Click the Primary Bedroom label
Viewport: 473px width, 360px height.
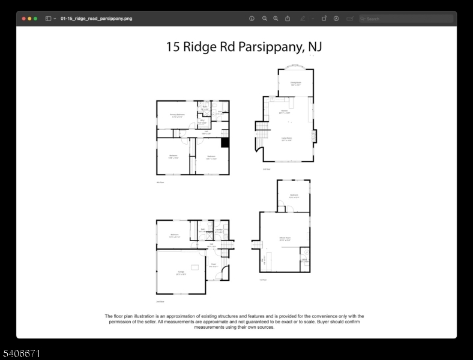tap(176, 115)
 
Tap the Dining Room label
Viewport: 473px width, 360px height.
tap(295, 83)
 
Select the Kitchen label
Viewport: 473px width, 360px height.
tap(285, 112)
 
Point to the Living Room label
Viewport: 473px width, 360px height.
tap(286, 139)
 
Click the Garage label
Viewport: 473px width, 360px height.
tap(180, 273)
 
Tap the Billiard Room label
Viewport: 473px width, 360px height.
tap(285, 239)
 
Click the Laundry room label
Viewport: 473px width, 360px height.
tap(219, 230)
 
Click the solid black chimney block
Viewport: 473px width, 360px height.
tap(225, 143)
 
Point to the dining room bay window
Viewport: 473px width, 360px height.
tap(295, 67)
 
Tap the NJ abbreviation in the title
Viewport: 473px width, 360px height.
tap(314, 47)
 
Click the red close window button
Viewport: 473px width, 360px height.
tap(24, 19)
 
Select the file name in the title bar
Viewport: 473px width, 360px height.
tap(96, 19)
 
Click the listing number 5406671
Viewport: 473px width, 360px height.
tap(22, 353)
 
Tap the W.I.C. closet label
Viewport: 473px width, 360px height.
tap(202, 121)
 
